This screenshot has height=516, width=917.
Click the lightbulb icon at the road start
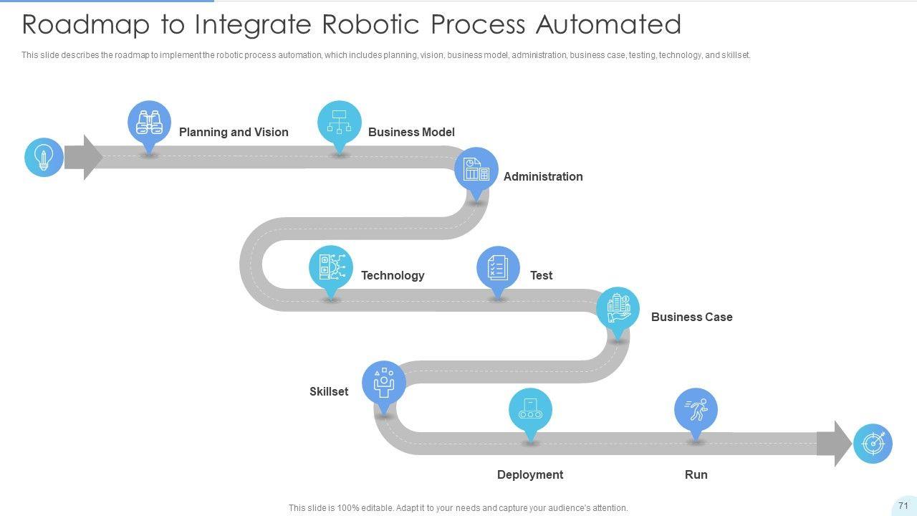pos(44,157)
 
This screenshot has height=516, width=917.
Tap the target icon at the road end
pos(873,444)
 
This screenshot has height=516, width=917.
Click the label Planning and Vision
pos(234,133)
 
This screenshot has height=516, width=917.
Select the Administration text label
pos(543,176)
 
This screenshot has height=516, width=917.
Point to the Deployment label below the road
pos(530,474)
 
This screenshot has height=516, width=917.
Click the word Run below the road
pos(696,474)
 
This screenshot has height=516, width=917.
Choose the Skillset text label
pos(329,391)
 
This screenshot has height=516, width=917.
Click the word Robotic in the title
pos(370,24)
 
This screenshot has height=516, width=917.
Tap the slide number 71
pos(903,505)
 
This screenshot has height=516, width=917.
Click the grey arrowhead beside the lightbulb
pos(84,157)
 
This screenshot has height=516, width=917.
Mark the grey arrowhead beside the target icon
pos(835,444)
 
